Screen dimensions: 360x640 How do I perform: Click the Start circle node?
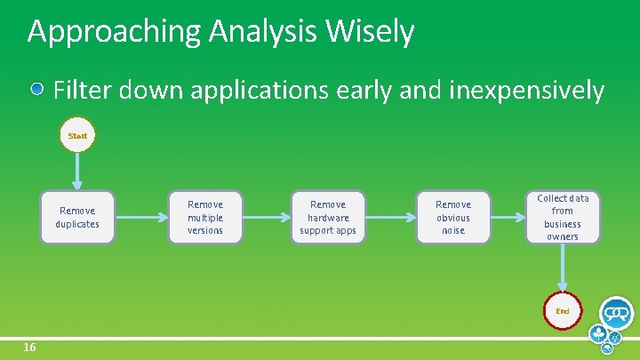tap(77, 136)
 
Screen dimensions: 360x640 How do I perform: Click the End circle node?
tap(562, 311)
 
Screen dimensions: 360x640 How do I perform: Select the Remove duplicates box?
tap(77, 218)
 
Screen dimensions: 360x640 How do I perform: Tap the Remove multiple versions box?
tap(204, 218)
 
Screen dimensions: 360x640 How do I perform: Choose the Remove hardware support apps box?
tap(328, 218)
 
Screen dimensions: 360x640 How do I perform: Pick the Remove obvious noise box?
tap(453, 218)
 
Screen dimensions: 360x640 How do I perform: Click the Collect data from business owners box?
tap(562, 217)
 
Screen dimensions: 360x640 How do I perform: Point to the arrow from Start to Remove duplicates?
tap(77, 171)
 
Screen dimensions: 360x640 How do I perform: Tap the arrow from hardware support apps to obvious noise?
tap(391, 217)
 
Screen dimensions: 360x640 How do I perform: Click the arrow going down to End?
tap(562, 267)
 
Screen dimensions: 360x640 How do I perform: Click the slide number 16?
tap(29, 348)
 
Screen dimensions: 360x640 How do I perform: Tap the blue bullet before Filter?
tap(38, 90)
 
